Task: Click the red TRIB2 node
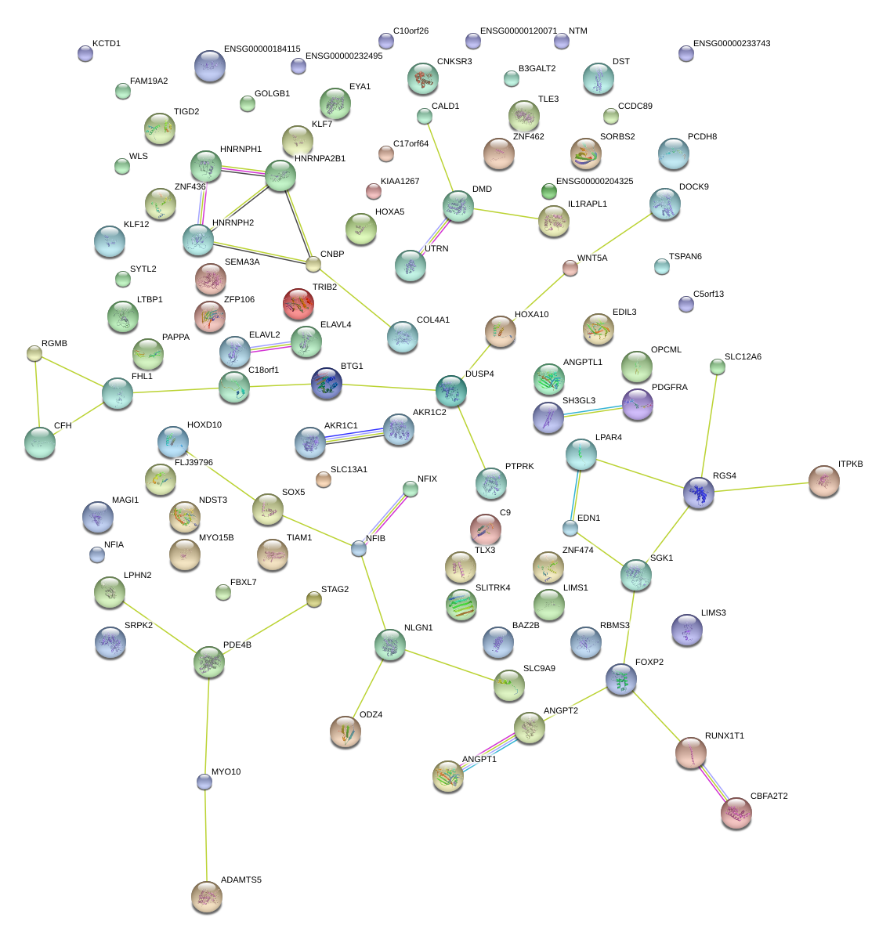point(298,304)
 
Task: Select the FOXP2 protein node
point(621,679)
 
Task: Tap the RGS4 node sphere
point(699,493)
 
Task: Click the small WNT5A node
point(570,268)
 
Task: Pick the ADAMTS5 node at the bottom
point(207,896)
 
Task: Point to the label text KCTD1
point(107,44)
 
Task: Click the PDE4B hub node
point(209,662)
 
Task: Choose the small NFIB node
point(359,548)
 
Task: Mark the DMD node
point(458,206)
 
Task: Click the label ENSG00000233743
point(732,44)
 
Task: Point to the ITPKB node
point(823,481)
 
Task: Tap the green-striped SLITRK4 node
point(461,605)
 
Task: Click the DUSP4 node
point(451,390)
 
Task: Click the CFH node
point(40,443)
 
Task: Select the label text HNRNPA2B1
point(320,159)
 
